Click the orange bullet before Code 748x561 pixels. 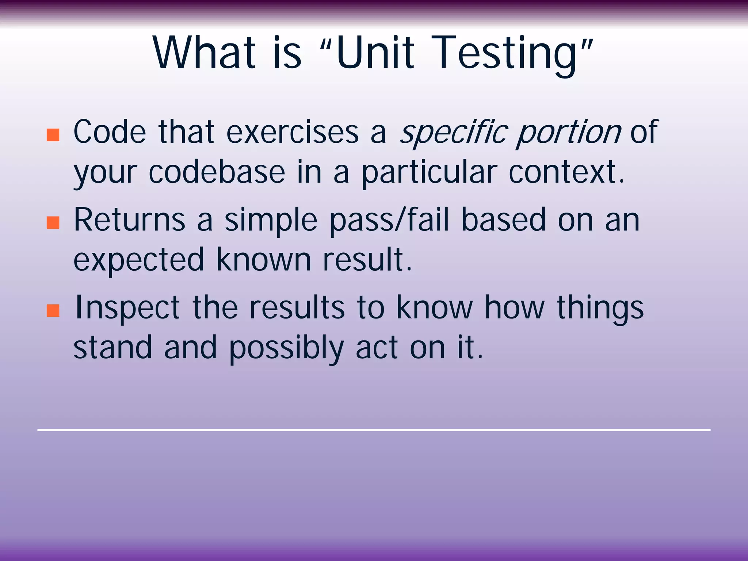tap(53, 135)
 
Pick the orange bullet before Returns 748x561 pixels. tap(53, 222)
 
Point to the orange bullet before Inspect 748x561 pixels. tap(53, 310)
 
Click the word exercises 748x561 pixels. tap(293, 132)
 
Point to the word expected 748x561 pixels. tap(138, 260)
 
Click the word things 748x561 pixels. tap(600, 308)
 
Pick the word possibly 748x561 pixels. tap(286, 348)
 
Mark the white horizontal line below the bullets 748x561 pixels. tap(374, 430)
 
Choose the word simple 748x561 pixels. tap(271, 220)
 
